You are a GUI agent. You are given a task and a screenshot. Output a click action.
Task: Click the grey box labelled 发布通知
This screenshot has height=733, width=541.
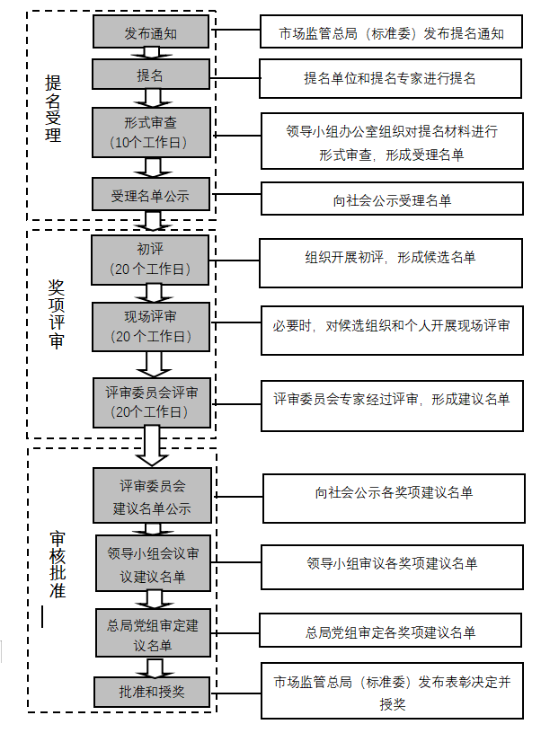(150, 32)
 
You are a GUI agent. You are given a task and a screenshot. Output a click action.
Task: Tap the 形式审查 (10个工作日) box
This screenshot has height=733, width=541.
(150, 132)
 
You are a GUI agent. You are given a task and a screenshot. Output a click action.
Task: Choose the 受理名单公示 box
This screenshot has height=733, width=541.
(150, 195)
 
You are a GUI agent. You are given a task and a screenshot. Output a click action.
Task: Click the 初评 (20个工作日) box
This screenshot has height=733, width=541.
(150, 260)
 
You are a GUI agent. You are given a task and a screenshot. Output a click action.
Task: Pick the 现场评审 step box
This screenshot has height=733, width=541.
(150, 325)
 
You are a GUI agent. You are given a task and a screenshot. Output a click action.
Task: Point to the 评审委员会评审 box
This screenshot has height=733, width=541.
(152, 401)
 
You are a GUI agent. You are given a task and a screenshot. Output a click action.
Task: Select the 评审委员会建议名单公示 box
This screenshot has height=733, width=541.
(152, 496)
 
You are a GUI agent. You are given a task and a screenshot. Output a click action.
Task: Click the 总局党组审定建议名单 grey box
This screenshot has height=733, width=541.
(152, 633)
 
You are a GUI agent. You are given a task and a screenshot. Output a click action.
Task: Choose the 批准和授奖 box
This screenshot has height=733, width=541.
(152, 692)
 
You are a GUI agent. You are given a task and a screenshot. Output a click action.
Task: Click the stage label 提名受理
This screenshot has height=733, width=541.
(53, 109)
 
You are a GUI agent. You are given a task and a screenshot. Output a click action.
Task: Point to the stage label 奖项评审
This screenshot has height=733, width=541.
(56, 314)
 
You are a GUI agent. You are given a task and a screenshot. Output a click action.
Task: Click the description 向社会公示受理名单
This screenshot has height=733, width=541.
(391, 199)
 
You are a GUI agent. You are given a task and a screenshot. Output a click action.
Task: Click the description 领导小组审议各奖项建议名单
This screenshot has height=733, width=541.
(391, 564)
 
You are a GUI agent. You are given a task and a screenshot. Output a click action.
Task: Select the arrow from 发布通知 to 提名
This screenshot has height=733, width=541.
(152, 53)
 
